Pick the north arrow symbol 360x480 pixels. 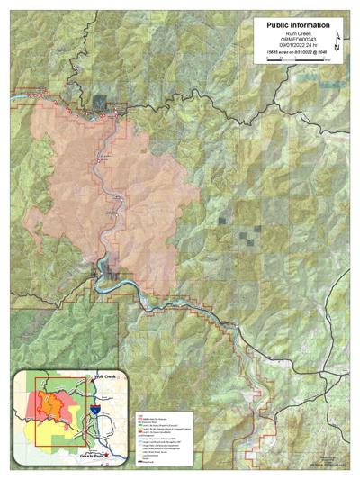point(336,41)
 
